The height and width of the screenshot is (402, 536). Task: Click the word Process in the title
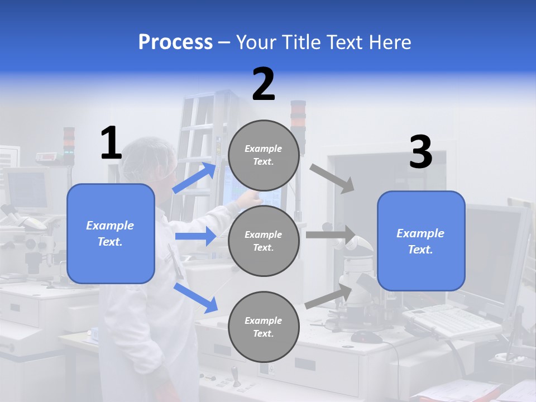click(x=175, y=42)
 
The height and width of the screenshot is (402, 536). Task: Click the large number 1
click(x=111, y=143)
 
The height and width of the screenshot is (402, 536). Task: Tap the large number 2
click(x=264, y=84)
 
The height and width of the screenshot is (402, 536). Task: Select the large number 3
click(x=420, y=152)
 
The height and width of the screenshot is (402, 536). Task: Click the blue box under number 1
click(x=111, y=233)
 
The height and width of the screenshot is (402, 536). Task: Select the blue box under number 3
click(x=421, y=241)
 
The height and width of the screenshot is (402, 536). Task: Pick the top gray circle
click(x=264, y=155)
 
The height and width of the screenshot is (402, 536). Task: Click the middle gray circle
click(x=264, y=241)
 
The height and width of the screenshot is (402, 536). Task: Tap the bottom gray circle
click(x=264, y=327)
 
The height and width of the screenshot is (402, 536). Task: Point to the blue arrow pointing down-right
click(x=195, y=297)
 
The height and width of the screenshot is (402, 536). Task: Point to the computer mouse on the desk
click(x=366, y=337)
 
